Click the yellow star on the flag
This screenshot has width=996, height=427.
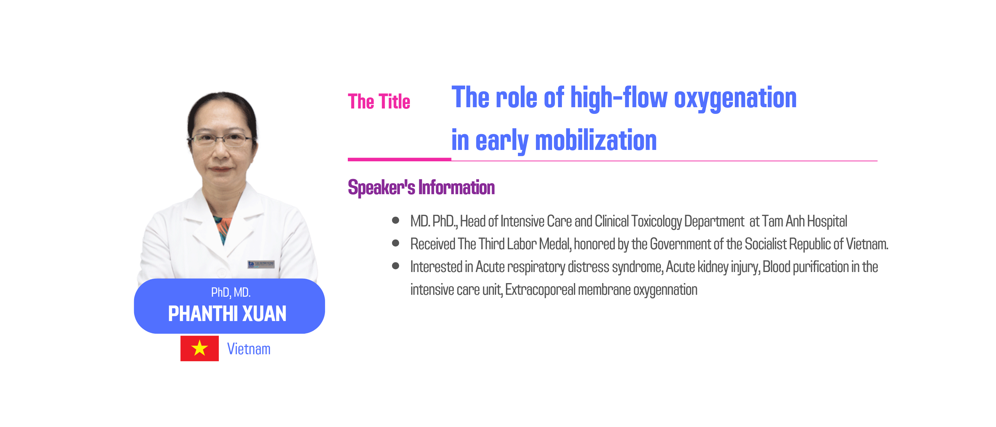pyautogui.click(x=200, y=348)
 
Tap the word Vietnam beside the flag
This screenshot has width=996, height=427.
pyautogui.click(x=249, y=349)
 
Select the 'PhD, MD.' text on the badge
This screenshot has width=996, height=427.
pyautogui.click(x=231, y=292)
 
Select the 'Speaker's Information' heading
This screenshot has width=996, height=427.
pyautogui.click(x=421, y=188)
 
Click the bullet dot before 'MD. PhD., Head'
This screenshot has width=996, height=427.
pyautogui.click(x=395, y=220)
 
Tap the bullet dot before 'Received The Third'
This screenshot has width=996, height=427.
pyautogui.click(x=395, y=243)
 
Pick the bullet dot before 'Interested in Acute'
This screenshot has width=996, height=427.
pyautogui.click(x=395, y=266)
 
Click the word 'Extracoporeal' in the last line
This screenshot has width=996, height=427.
pyautogui.click(x=540, y=290)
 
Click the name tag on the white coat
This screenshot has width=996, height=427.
pyautogui.click(x=261, y=264)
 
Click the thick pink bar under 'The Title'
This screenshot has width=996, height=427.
pyautogui.click(x=399, y=159)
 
